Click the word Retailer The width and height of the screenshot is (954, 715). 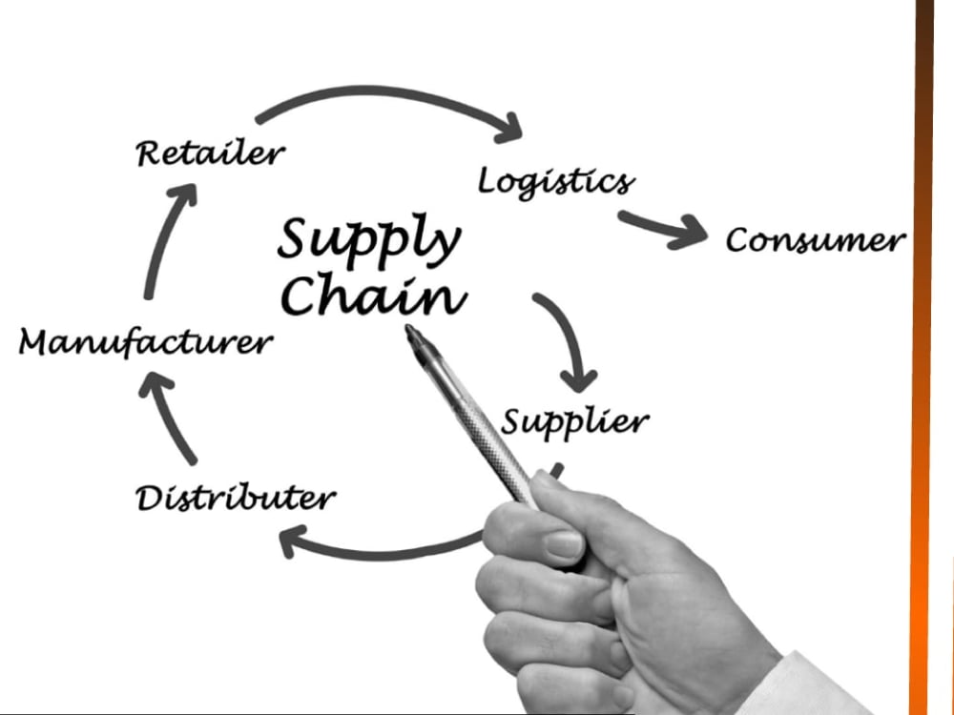point(211,153)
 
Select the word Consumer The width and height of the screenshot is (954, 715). point(816,240)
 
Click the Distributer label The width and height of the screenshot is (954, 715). point(236,498)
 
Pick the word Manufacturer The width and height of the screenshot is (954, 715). point(146,341)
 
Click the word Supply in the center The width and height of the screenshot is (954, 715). point(369,240)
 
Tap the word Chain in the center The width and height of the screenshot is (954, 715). point(374,294)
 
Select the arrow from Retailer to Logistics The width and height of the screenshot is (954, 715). point(384,92)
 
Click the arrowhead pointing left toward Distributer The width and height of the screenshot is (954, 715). point(291,541)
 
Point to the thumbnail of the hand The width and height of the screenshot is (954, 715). point(564,544)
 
